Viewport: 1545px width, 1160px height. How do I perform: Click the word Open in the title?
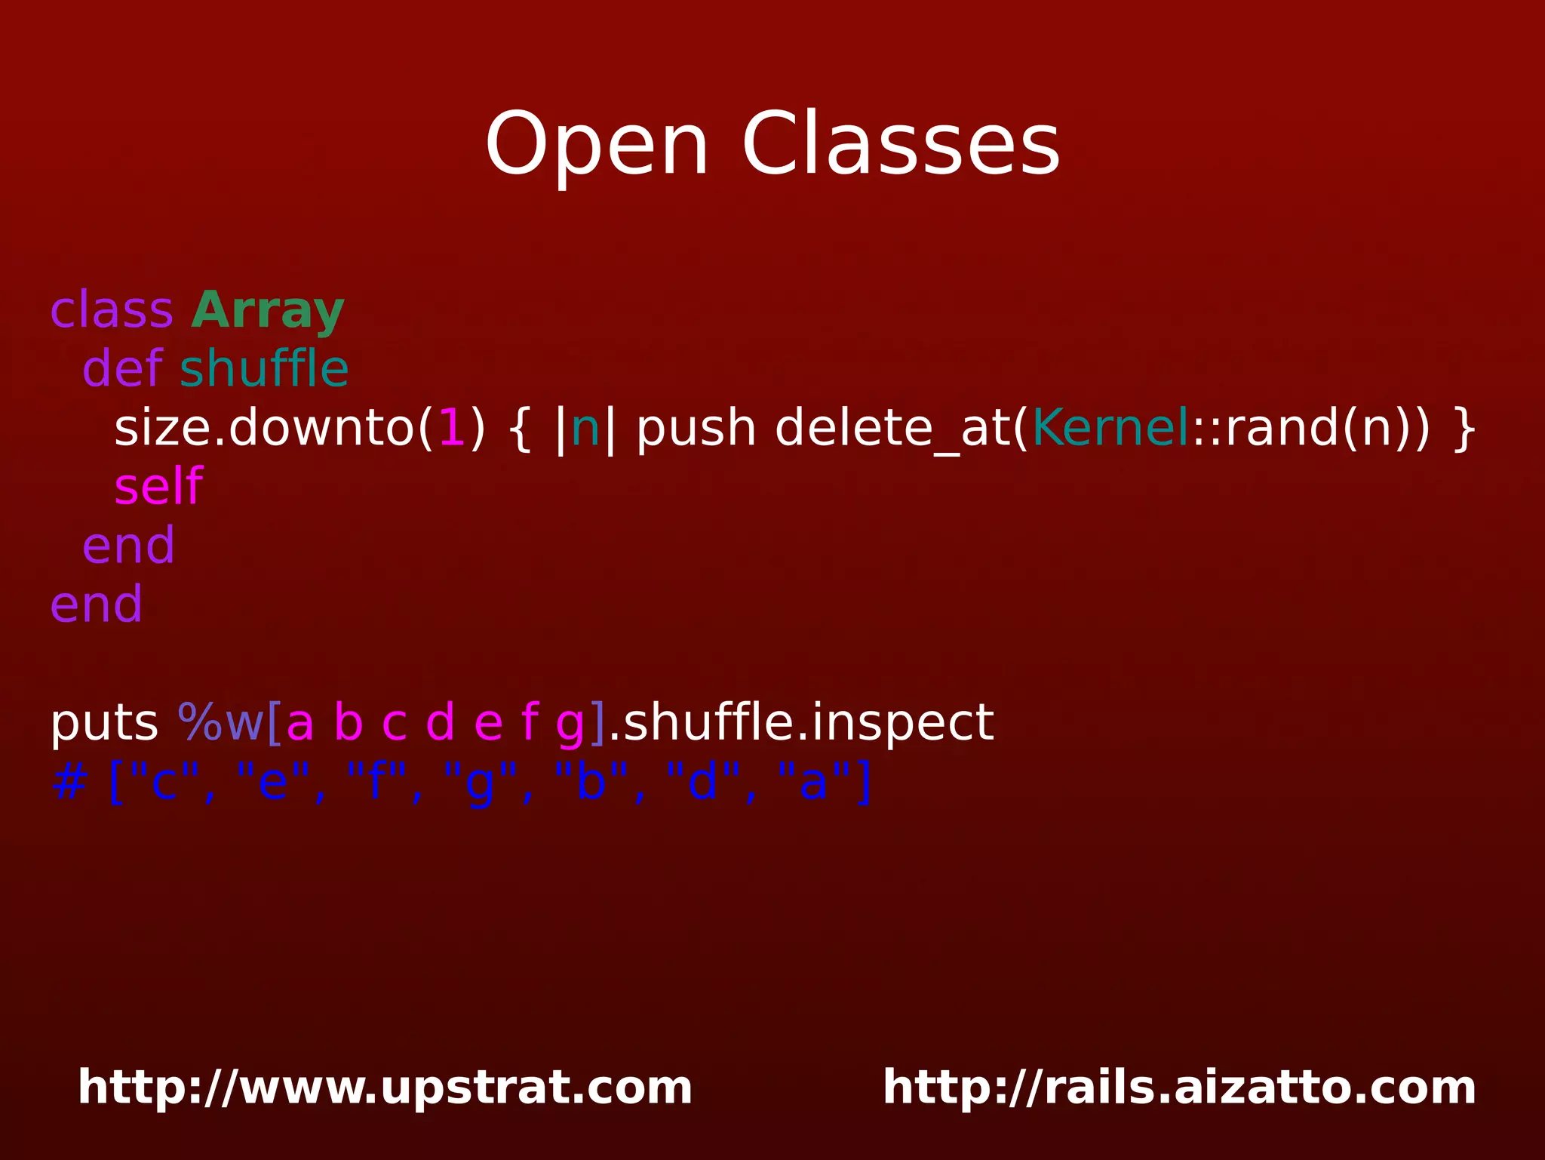pos(596,145)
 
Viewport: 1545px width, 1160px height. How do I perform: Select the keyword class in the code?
pos(112,310)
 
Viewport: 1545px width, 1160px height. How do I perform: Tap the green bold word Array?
pos(268,312)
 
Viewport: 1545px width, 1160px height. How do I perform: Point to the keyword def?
pos(121,369)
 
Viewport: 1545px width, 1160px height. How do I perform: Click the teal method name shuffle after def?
pos(264,369)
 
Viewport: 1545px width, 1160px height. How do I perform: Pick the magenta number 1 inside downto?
pos(452,428)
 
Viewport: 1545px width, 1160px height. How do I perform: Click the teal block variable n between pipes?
pos(585,429)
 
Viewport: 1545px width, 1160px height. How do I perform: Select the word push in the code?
pos(696,429)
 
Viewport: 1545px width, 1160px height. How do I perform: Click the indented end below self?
pos(128,546)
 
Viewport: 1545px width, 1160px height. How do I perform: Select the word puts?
pos(103,723)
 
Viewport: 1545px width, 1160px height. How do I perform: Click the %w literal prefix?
pos(220,722)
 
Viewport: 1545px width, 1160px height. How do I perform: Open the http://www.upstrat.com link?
pos(385,1088)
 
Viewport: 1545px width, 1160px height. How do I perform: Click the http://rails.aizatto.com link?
pos(1179,1088)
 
